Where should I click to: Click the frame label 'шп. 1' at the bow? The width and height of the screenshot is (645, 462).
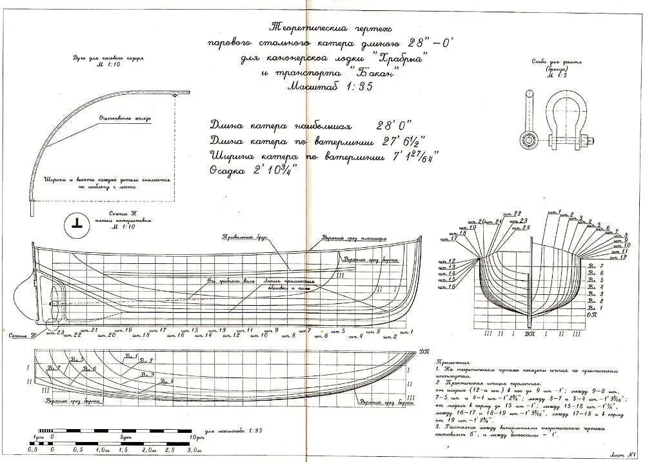point(404,331)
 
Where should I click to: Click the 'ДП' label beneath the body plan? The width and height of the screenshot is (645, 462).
point(529,334)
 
